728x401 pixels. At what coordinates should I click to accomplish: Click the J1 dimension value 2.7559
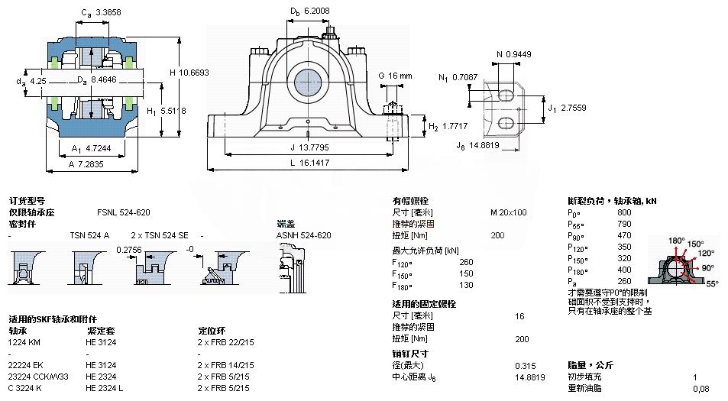click(573, 108)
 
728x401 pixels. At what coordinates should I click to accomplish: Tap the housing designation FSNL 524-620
click(123, 212)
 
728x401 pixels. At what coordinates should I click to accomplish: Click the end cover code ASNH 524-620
click(303, 235)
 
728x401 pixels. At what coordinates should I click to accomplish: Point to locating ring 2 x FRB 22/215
click(225, 342)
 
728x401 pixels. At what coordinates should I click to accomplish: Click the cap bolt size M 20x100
click(508, 212)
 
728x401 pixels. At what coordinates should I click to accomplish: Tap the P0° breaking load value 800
click(624, 212)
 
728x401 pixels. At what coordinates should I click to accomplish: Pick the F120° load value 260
click(466, 262)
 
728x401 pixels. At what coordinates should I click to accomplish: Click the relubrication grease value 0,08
click(700, 389)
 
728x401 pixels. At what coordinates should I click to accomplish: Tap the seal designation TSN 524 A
click(89, 235)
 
